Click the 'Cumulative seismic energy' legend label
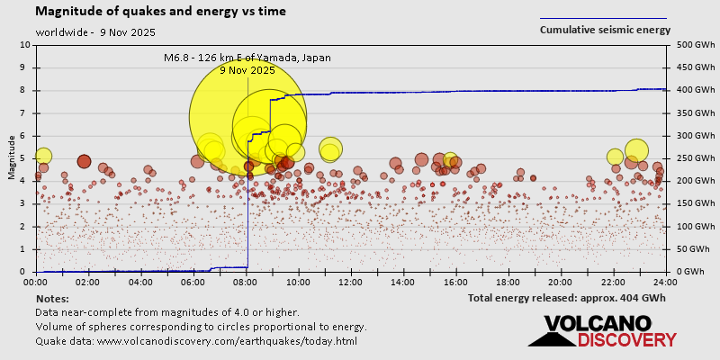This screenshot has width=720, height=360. (605, 30)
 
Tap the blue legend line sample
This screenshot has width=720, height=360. (603, 18)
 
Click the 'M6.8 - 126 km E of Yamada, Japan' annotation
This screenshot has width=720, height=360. (247, 58)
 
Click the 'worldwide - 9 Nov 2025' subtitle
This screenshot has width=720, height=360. (95, 32)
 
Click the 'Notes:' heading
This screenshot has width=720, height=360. (53, 298)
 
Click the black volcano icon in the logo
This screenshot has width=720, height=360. (551, 335)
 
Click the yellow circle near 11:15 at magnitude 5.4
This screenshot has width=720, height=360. (330, 148)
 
